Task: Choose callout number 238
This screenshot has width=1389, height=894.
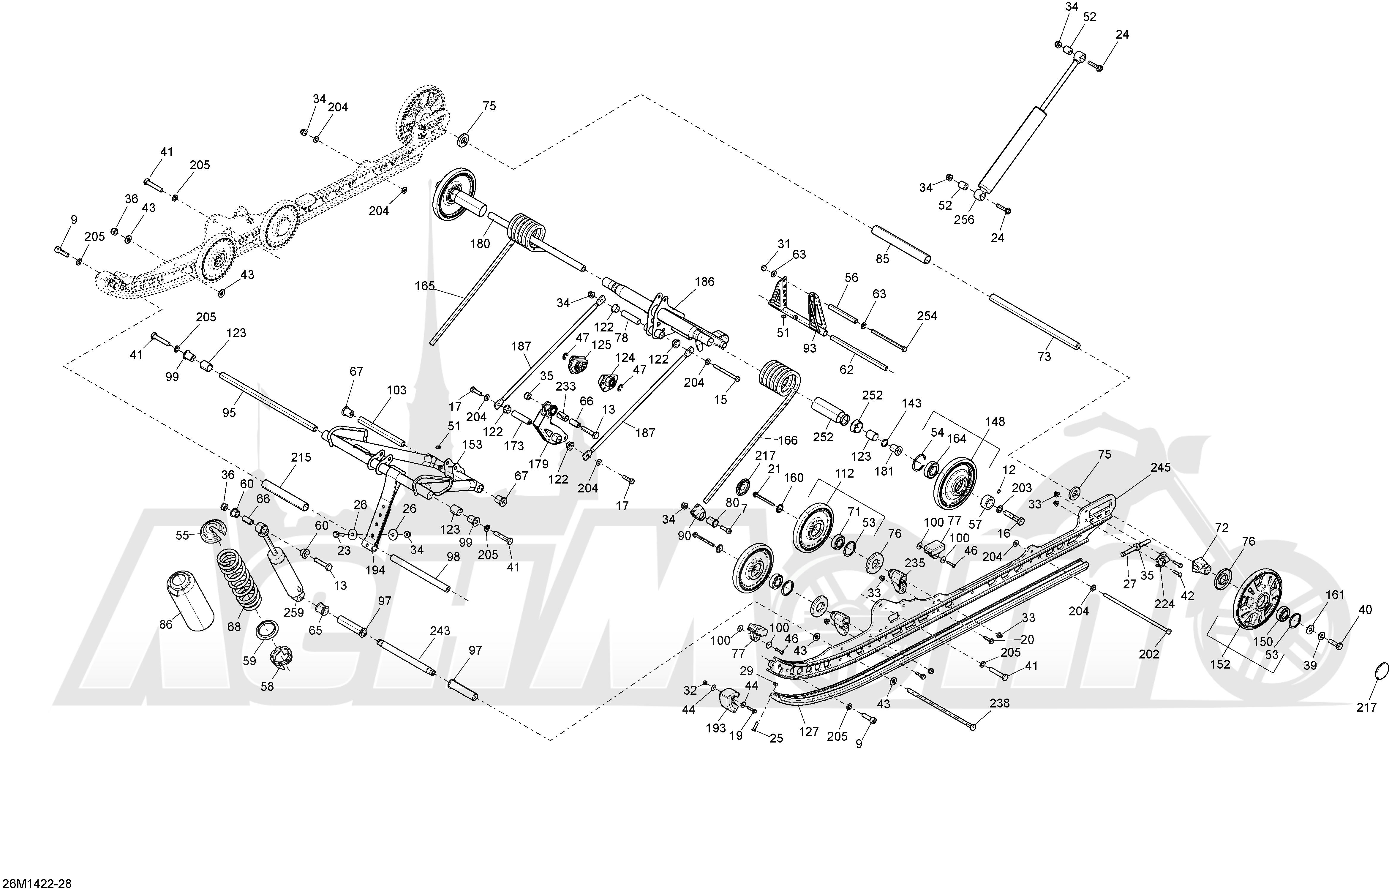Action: [x=1000, y=703]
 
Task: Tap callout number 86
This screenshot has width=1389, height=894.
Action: [x=166, y=625]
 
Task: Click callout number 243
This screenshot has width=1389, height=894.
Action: [x=440, y=631]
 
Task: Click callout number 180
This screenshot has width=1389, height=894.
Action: [x=480, y=244]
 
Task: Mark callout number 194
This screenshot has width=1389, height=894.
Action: [x=375, y=570]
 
